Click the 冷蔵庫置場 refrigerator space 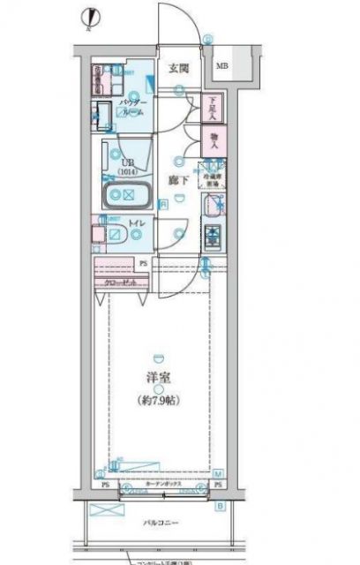click(212, 176)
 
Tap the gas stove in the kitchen click(213, 236)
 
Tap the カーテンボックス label click(161, 485)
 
